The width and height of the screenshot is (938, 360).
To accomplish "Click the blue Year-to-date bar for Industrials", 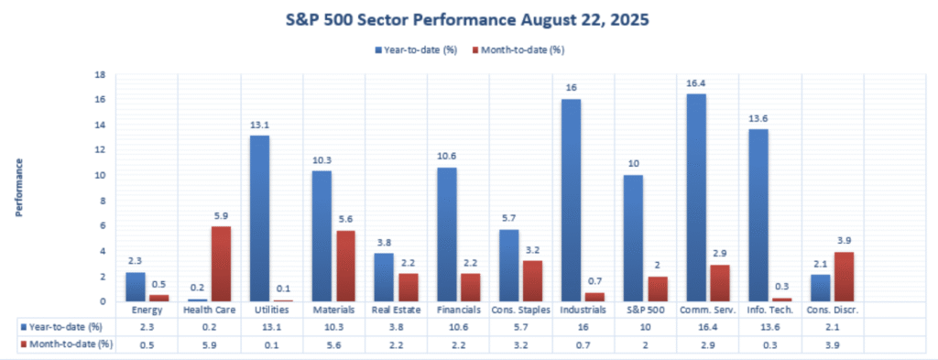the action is pyautogui.click(x=572, y=200).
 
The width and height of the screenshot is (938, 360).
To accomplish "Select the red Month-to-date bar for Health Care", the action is pyautogui.click(x=221, y=264).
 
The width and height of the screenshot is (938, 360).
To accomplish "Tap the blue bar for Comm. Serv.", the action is pyautogui.click(x=696, y=197).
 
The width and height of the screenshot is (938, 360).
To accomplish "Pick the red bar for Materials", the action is pyautogui.click(x=345, y=267).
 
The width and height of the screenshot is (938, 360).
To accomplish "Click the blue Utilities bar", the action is pyautogui.click(x=259, y=218).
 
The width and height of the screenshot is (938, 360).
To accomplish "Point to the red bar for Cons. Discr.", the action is pyautogui.click(x=844, y=277).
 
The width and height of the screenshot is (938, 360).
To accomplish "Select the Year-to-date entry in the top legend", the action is pyautogui.click(x=416, y=50).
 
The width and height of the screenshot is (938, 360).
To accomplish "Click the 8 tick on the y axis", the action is pyautogui.click(x=103, y=201).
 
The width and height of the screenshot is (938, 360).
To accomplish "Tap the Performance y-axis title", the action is pyautogui.click(x=19, y=187).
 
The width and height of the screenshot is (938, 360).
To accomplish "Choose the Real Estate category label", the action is pyautogui.click(x=397, y=310).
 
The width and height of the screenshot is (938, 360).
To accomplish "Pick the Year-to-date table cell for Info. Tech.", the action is pyautogui.click(x=769, y=327).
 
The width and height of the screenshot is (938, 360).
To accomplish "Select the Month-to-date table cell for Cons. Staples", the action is pyautogui.click(x=520, y=344).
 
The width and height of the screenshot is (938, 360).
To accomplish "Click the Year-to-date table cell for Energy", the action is pyautogui.click(x=147, y=327).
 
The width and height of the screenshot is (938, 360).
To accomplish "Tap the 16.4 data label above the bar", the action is pyautogui.click(x=696, y=83).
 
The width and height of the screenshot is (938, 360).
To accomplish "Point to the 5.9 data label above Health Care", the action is pyautogui.click(x=221, y=216).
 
